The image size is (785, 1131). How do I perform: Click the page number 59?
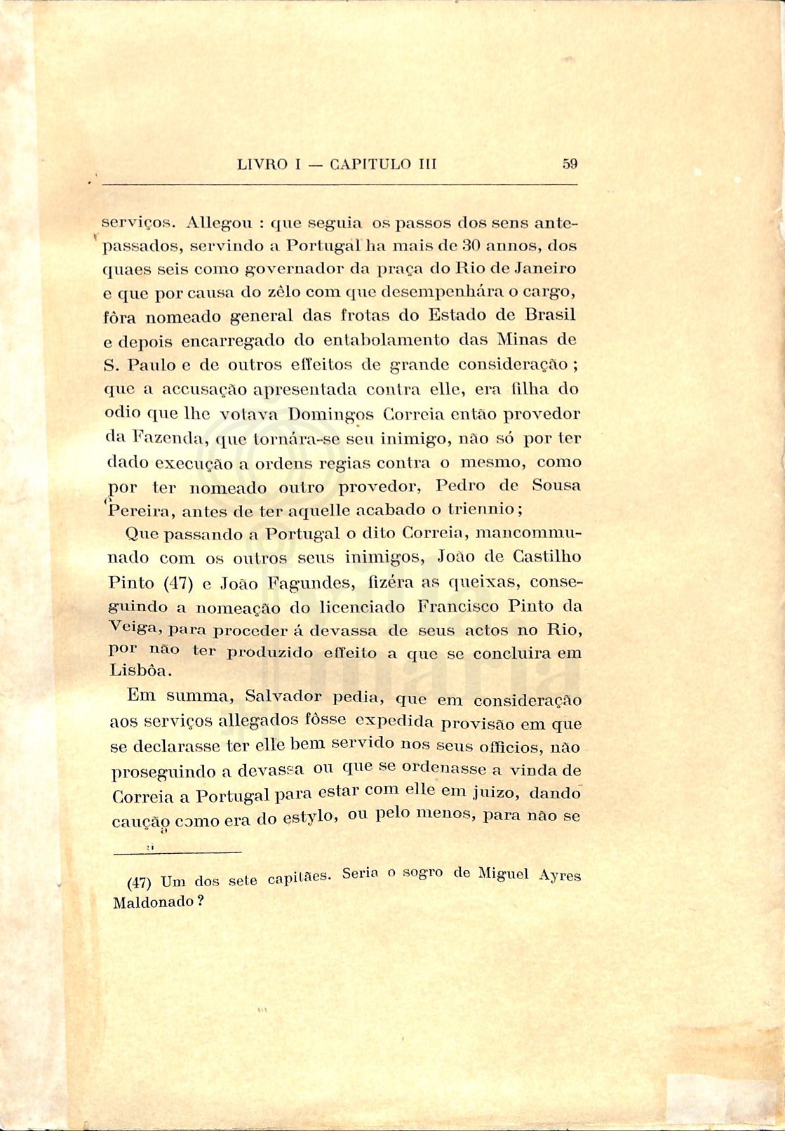tap(569, 164)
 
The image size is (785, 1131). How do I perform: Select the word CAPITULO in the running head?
tap(369, 165)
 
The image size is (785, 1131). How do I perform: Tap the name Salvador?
tap(283, 697)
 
